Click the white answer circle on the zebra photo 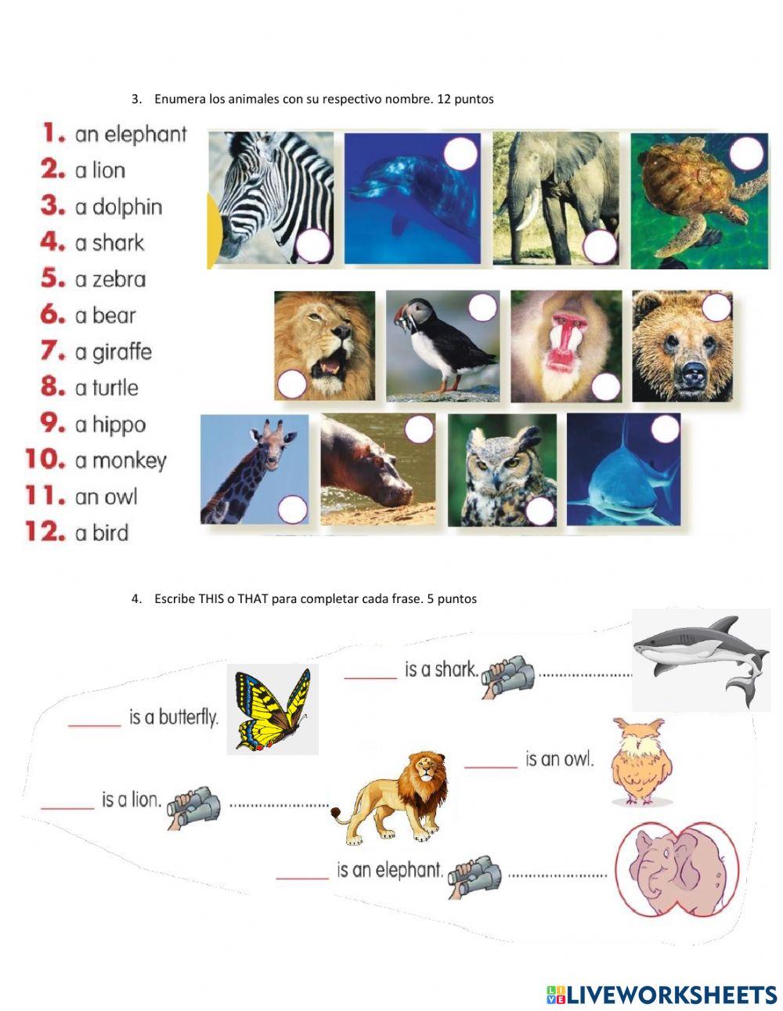click(x=314, y=247)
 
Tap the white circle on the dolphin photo click(x=460, y=153)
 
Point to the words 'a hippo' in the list click(x=110, y=424)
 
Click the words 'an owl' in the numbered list click(x=106, y=496)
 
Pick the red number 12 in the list click(x=45, y=533)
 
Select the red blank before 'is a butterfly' click(x=94, y=724)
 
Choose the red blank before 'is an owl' click(x=491, y=765)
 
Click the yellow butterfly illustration click(x=272, y=710)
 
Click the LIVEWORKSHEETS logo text click(x=671, y=995)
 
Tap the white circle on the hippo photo click(x=419, y=429)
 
